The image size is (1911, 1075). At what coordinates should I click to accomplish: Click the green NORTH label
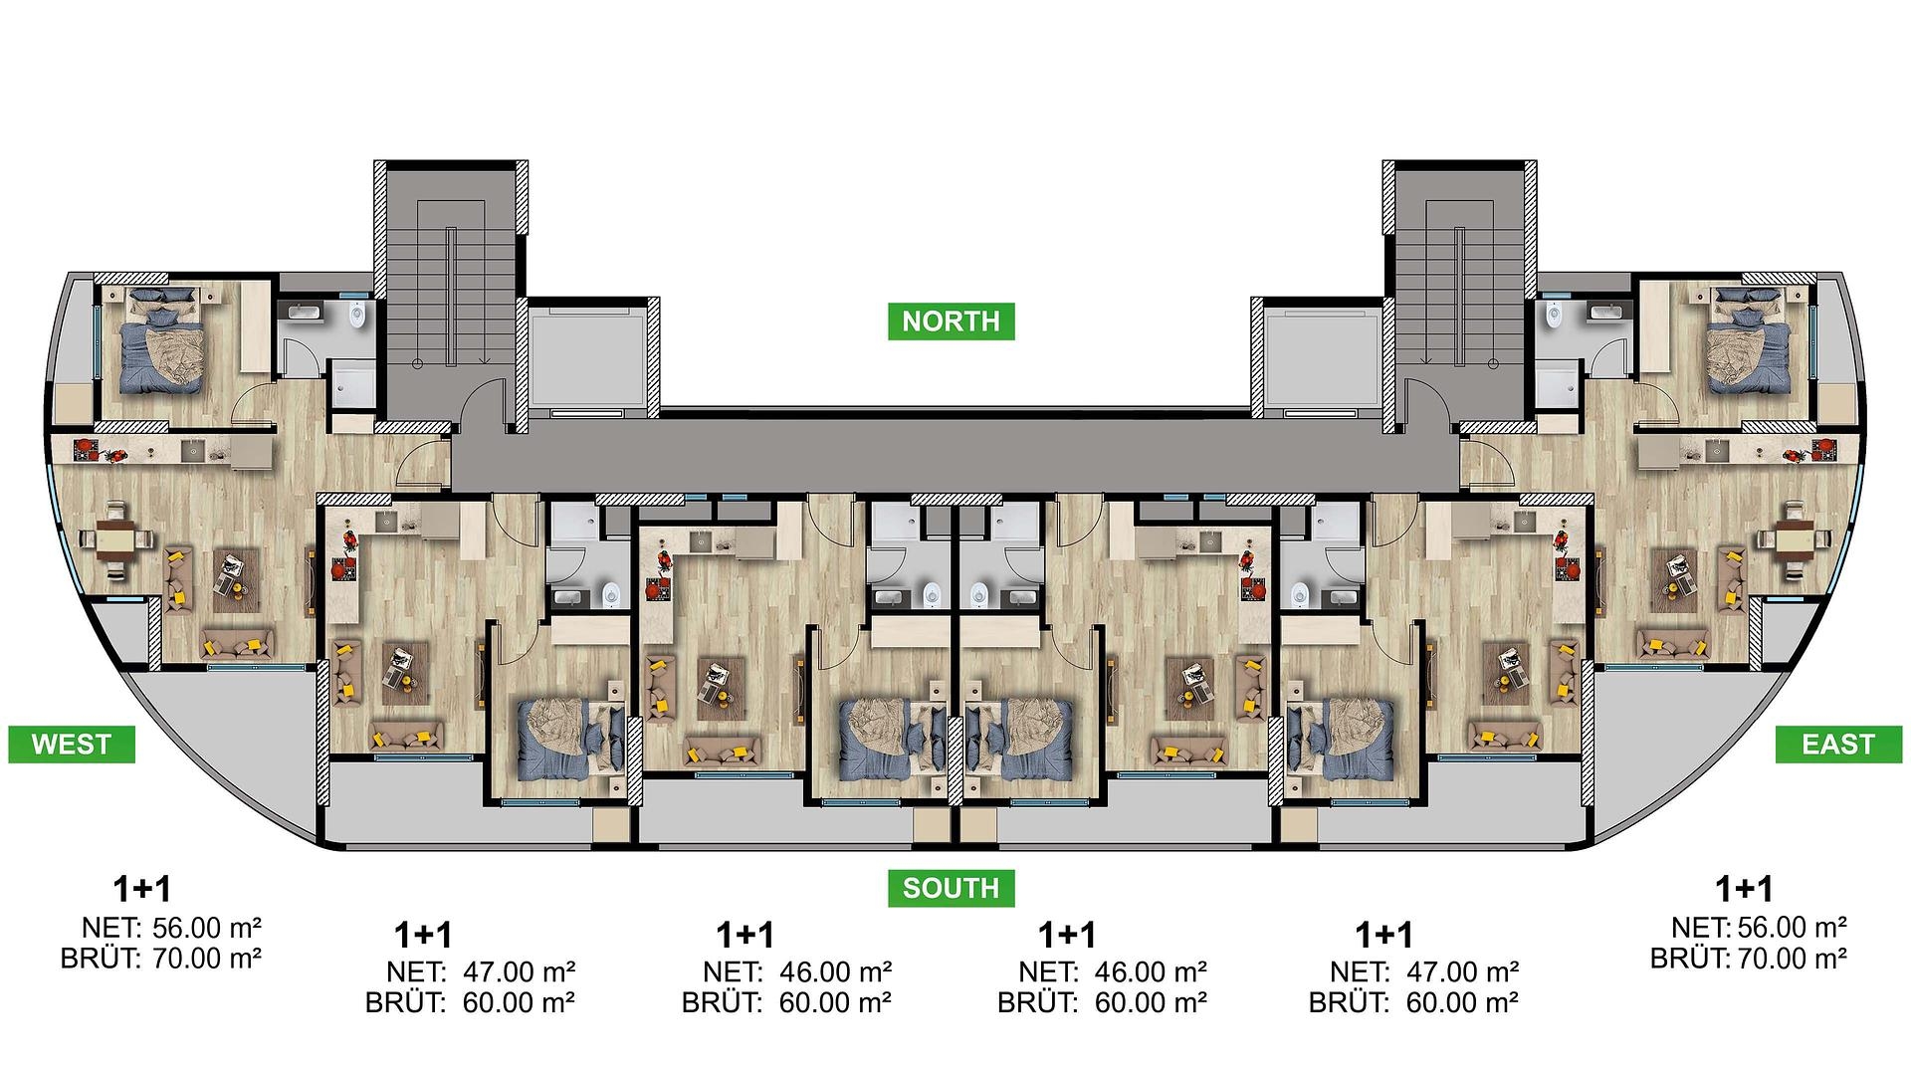coord(951,322)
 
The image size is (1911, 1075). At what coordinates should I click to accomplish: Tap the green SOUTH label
coord(951,888)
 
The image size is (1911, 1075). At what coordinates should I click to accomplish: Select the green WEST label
coord(72,745)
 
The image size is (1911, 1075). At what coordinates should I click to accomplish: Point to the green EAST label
coord(1837,745)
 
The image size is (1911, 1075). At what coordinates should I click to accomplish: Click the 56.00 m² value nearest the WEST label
coord(207,929)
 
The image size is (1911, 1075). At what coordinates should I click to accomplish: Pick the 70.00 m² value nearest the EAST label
coord(1793,960)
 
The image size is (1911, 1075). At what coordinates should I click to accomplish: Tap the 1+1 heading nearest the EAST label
coord(1744,888)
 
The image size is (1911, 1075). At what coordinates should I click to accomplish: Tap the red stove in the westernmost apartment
coord(87,450)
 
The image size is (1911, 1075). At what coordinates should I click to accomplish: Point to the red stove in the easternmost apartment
coord(1823,450)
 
